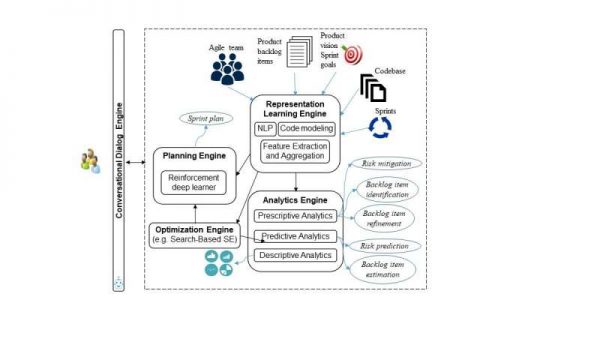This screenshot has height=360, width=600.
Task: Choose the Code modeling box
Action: click(304, 130)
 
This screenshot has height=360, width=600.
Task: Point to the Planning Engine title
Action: click(194, 156)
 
